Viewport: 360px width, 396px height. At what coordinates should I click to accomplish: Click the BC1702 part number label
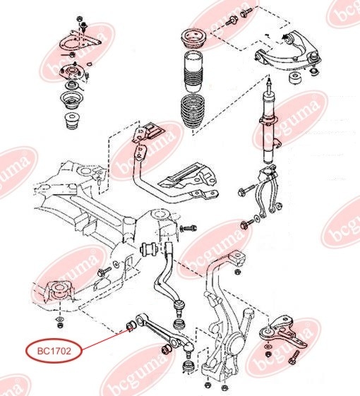(x=54, y=351)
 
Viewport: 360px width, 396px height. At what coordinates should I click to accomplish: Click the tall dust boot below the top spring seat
(x=193, y=72)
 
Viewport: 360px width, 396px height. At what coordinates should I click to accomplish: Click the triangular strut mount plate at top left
(x=80, y=42)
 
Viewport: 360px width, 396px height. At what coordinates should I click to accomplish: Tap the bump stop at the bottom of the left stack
(x=71, y=121)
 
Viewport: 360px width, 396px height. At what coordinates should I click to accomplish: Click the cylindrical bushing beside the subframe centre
(x=150, y=249)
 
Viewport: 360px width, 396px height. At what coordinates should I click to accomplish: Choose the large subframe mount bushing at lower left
(x=59, y=292)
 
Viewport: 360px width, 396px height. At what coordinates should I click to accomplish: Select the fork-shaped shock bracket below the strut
(x=268, y=191)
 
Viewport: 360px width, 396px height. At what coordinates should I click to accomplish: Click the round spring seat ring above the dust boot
(x=194, y=39)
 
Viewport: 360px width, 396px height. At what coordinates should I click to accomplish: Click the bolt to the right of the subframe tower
(x=188, y=228)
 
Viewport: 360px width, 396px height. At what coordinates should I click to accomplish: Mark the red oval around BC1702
(x=54, y=351)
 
